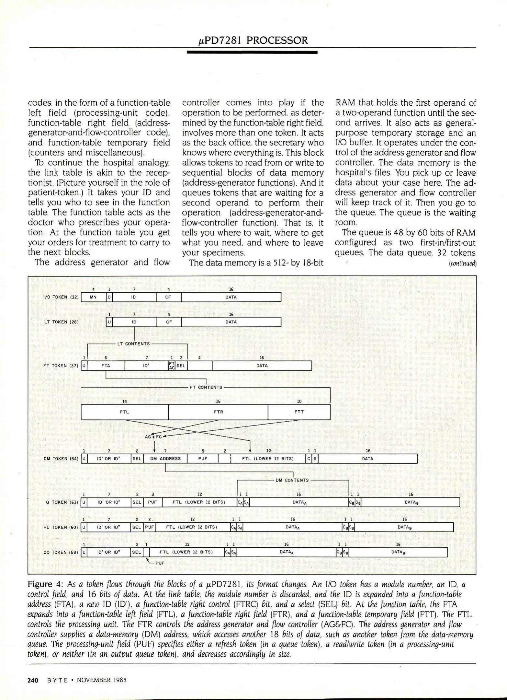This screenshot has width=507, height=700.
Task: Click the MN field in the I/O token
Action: pyautogui.click(x=93, y=297)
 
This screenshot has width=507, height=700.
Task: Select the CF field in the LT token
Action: pyautogui.click(x=169, y=322)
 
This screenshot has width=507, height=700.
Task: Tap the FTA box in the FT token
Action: pyautogui.click(x=106, y=366)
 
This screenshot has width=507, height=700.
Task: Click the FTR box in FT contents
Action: pyautogui.click(x=218, y=412)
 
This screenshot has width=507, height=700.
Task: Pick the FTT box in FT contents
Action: pyautogui.click(x=299, y=412)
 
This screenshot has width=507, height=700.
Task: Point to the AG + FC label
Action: pyautogui.click(x=153, y=437)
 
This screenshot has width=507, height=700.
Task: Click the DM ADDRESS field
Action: pyautogui.click(x=165, y=459)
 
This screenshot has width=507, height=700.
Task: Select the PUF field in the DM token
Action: pyautogui.click(x=203, y=459)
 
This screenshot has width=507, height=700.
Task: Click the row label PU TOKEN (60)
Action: pyautogui.click(x=61, y=527)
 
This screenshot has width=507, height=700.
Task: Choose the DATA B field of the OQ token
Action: pyautogui.click(x=397, y=552)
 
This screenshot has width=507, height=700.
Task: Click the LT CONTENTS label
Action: pyautogui.click(x=133, y=344)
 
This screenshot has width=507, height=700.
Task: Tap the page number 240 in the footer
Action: pyautogui.click(x=33, y=680)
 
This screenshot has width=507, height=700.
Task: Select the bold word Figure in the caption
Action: pyautogui.click(x=40, y=584)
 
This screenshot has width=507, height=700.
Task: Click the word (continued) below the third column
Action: pyautogui.click(x=463, y=263)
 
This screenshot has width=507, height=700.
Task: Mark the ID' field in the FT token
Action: pyautogui.click(x=146, y=366)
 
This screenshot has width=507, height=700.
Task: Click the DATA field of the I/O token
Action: pyautogui.click(x=231, y=297)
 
